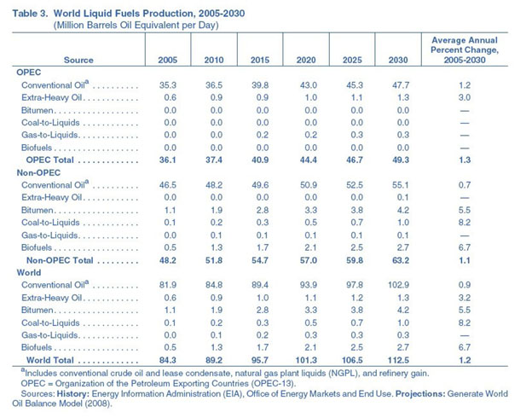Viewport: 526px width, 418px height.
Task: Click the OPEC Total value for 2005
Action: click(x=168, y=160)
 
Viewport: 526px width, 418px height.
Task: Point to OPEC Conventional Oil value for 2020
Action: click(x=304, y=86)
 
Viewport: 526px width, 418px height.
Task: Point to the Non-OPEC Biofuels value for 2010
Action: click(x=213, y=246)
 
